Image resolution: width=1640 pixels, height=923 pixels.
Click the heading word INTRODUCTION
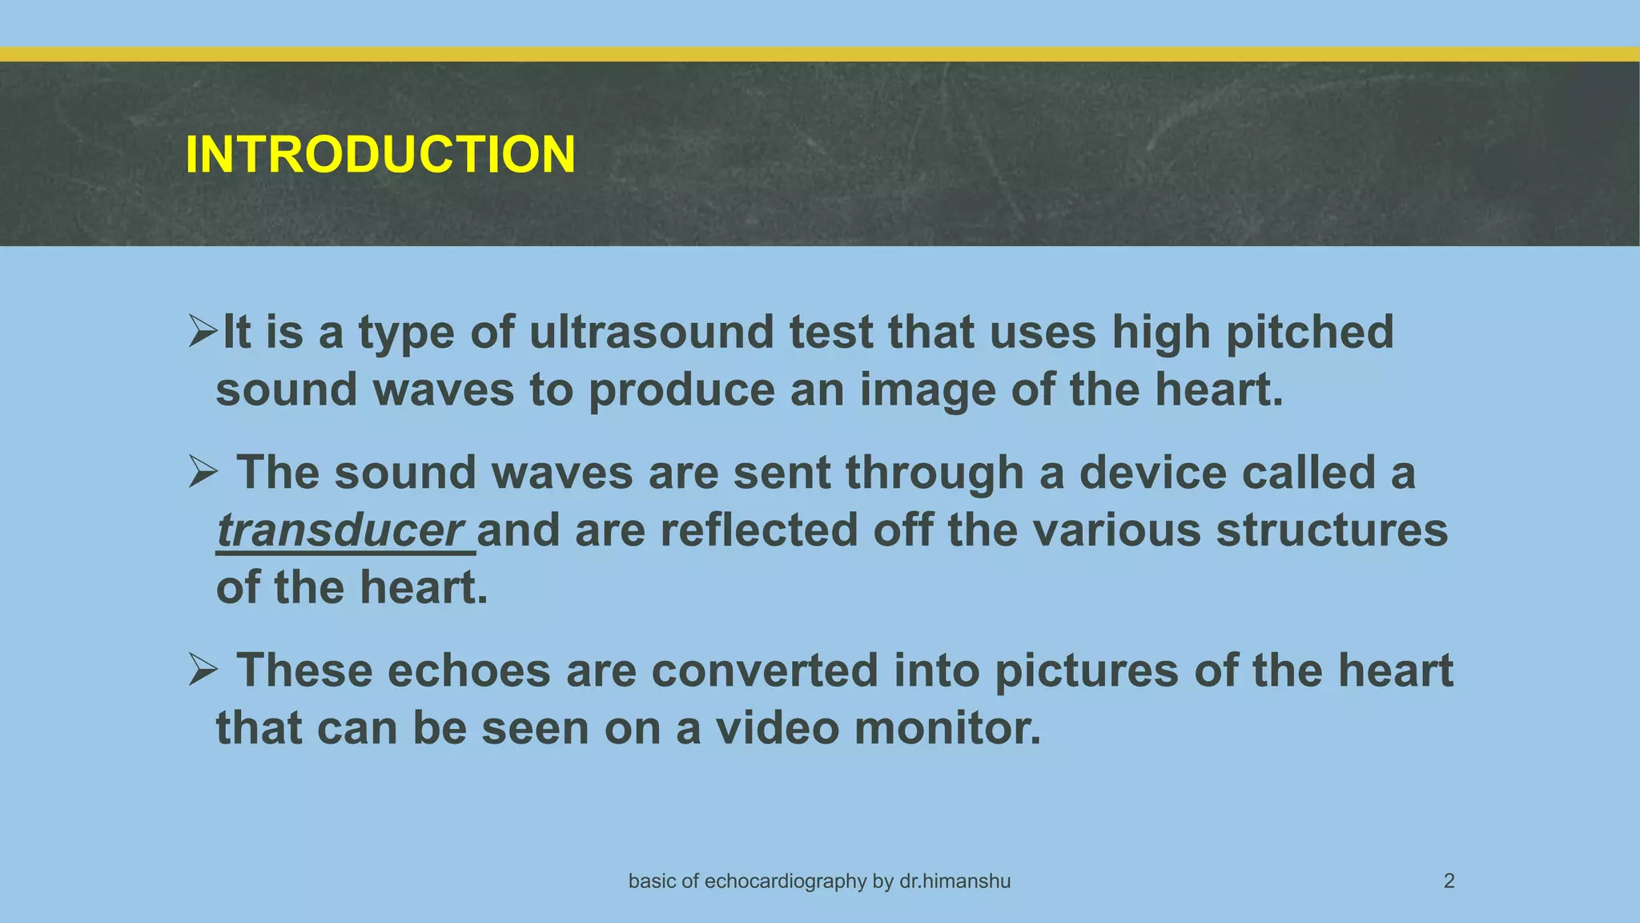(x=380, y=154)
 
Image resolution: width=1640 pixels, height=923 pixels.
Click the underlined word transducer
(x=340, y=530)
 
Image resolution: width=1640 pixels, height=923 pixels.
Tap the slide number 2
(x=1449, y=881)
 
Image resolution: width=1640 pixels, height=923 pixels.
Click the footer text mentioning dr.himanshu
(x=819, y=881)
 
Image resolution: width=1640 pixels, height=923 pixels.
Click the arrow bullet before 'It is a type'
(x=203, y=332)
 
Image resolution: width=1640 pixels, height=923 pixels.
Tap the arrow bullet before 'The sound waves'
(x=203, y=472)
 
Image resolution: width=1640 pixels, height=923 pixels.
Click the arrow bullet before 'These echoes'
(x=203, y=670)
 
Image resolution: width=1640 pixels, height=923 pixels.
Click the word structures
(x=1332, y=530)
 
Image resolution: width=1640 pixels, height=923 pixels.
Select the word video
(x=777, y=728)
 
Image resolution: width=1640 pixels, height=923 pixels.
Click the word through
(x=935, y=474)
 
